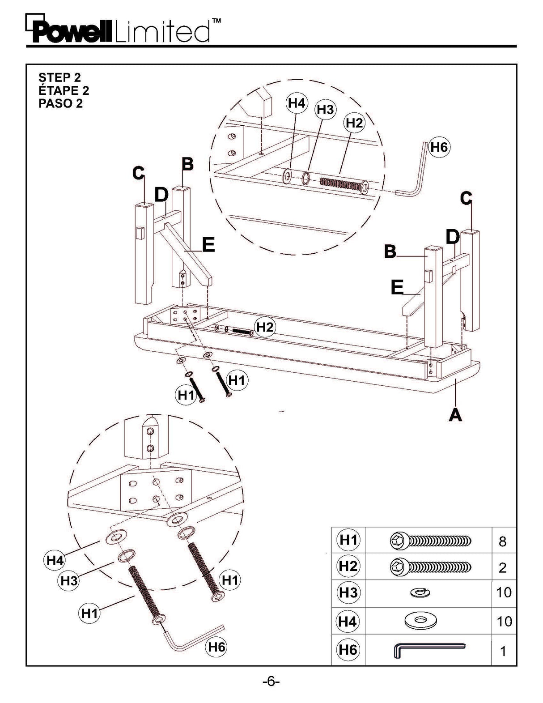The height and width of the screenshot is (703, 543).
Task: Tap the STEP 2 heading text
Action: pos(59,77)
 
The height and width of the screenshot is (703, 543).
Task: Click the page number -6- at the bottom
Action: pos(271,682)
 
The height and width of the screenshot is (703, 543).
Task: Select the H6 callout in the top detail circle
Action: pos(439,147)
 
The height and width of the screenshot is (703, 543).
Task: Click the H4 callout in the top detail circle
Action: pos(296,103)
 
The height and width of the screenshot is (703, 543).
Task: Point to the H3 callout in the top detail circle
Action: pos(325,110)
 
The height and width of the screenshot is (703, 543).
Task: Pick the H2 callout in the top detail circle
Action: pos(354,123)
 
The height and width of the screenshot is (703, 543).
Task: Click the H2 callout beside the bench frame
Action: pos(264,327)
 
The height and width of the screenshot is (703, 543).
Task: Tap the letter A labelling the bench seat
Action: pos(455,415)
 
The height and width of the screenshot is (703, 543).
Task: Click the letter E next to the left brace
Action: pos(208,245)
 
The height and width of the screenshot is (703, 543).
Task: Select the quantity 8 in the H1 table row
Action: pos(502,541)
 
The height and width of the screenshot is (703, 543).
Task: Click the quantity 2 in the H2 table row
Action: pos(502,568)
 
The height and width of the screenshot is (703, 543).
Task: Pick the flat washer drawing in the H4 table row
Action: pos(420,621)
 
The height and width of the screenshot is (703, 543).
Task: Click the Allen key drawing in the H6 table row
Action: pos(429,650)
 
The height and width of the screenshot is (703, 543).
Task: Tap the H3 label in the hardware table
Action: pos(348,592)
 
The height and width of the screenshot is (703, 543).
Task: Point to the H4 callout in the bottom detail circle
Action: pos(55,560)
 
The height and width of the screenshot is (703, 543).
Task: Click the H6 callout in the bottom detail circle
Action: pos(216,647)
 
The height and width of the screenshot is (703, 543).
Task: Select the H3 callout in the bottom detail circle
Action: pos(69,581)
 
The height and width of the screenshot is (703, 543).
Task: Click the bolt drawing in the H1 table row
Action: pos(430,541)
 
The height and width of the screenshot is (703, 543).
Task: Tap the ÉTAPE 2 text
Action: pos(64,90)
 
